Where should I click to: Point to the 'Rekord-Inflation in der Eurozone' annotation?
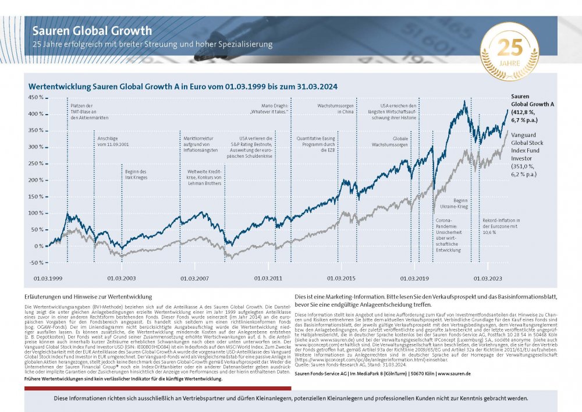point(501,226)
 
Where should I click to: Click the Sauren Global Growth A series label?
point(532,104)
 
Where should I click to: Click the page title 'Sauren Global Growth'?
point(92,31)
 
